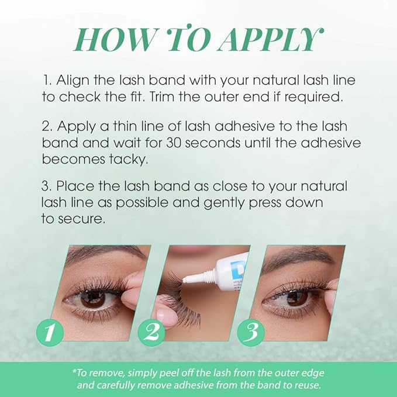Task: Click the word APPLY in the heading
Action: (x=271, y=40)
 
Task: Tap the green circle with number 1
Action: (x=49, y=333)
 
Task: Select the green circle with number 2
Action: (x=151, y=333)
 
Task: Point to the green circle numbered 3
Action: (x=251, y=333)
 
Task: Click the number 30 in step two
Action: (x=172, y=143)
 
